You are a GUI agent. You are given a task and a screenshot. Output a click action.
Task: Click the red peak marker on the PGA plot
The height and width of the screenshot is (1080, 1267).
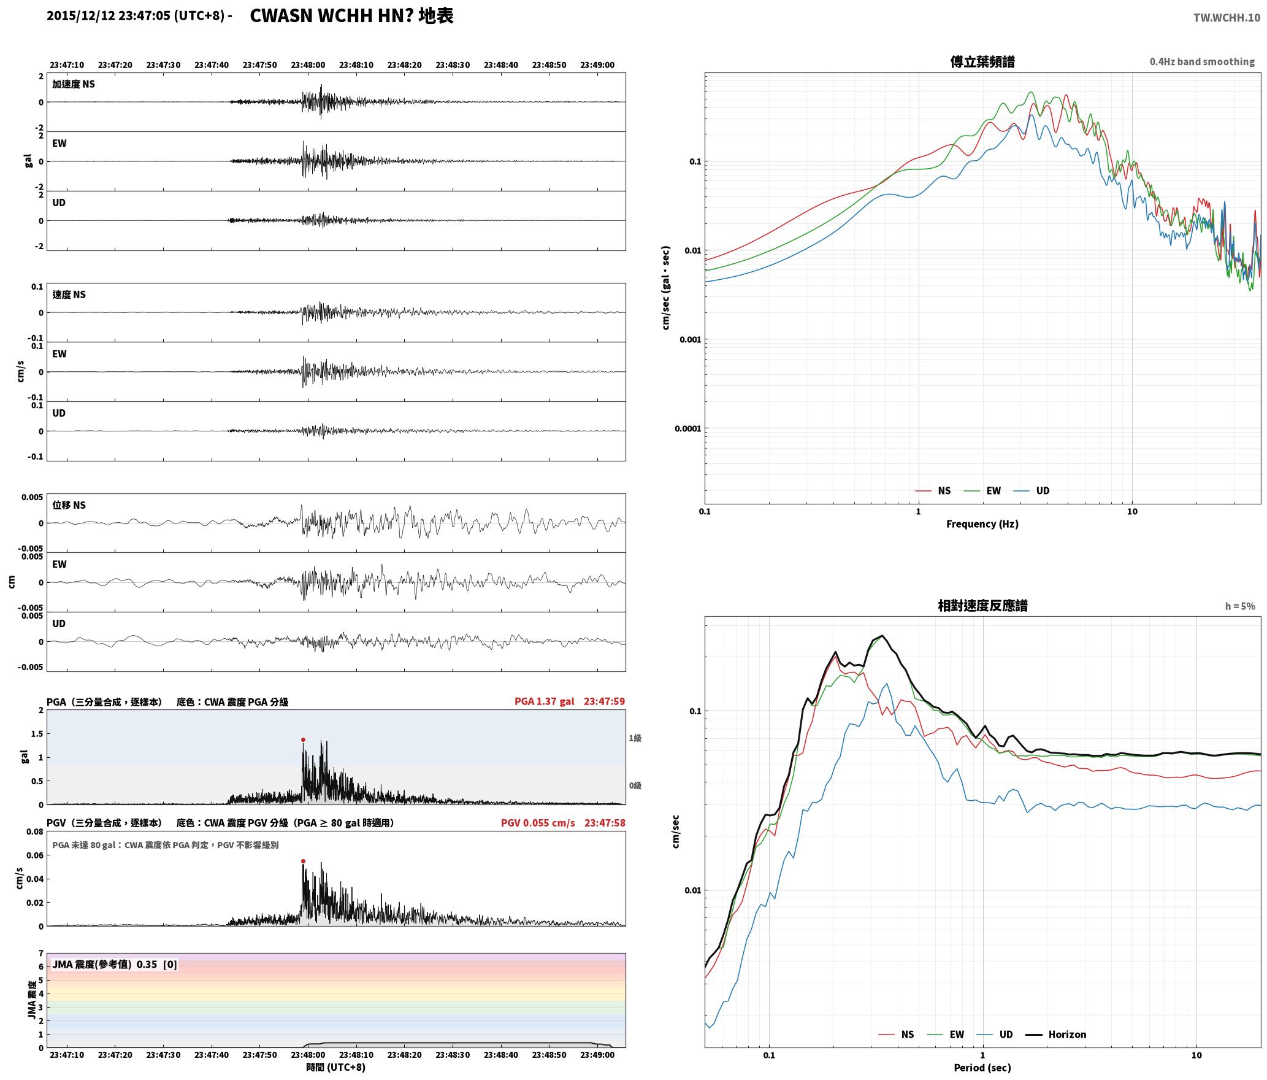point(303,740)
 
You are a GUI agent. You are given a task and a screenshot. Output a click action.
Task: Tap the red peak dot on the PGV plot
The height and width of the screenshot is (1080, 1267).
point(303,862)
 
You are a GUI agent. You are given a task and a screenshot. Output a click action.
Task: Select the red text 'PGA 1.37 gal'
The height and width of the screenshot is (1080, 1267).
point(545,701)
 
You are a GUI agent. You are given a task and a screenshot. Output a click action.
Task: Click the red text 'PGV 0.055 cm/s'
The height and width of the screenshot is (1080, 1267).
point(538,823)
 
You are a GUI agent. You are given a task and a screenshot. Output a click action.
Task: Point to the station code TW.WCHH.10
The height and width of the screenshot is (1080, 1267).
point(1227,17)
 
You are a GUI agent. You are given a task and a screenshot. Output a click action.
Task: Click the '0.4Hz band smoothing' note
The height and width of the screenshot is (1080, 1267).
point(1202,62)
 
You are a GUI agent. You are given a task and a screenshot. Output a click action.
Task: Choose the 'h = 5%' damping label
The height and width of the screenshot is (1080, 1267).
point(1240,606)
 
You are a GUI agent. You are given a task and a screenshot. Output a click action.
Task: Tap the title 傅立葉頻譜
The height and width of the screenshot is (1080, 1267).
point(982,62)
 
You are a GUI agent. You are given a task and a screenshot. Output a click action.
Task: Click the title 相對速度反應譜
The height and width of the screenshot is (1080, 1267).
point(982,606)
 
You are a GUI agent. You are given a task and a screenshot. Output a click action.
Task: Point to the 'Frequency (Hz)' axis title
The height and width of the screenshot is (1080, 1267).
point(982,524)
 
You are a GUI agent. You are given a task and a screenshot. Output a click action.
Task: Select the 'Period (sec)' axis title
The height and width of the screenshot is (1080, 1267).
point(982,1068)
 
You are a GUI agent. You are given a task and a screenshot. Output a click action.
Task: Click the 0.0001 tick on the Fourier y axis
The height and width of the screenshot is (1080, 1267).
point(687,428)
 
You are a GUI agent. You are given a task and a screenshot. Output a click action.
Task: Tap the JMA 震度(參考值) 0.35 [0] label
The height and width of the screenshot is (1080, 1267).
point(115,965)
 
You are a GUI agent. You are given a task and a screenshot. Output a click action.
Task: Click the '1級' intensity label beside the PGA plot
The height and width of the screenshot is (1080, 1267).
point(635,738)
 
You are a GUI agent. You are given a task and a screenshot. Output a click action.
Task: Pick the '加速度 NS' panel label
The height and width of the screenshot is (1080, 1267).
point(74,84)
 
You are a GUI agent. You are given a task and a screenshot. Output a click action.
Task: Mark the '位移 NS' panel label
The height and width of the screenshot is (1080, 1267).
point(69,505)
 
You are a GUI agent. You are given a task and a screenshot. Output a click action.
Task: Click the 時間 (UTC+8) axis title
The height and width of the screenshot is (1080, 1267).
point(336,1067)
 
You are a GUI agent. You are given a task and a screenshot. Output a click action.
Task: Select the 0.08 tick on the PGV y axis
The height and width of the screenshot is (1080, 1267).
point(35,832)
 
